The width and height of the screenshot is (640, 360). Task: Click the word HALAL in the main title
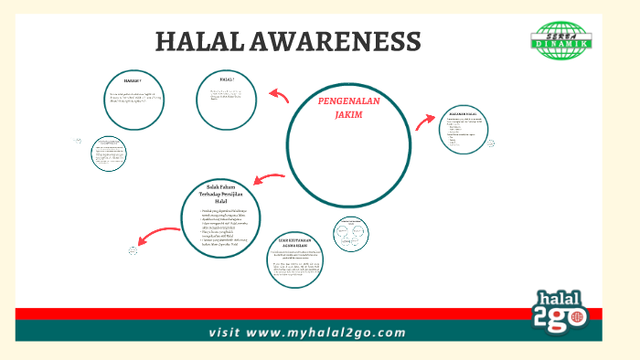tap(196, 41)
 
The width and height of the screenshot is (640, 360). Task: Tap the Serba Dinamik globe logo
tap(562, 40)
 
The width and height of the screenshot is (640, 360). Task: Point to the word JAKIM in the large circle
tap(348, 115)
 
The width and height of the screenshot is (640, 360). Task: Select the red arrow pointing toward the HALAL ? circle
tap(279, 94)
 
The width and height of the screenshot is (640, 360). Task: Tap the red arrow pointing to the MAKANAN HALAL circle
tap(425, 122)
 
